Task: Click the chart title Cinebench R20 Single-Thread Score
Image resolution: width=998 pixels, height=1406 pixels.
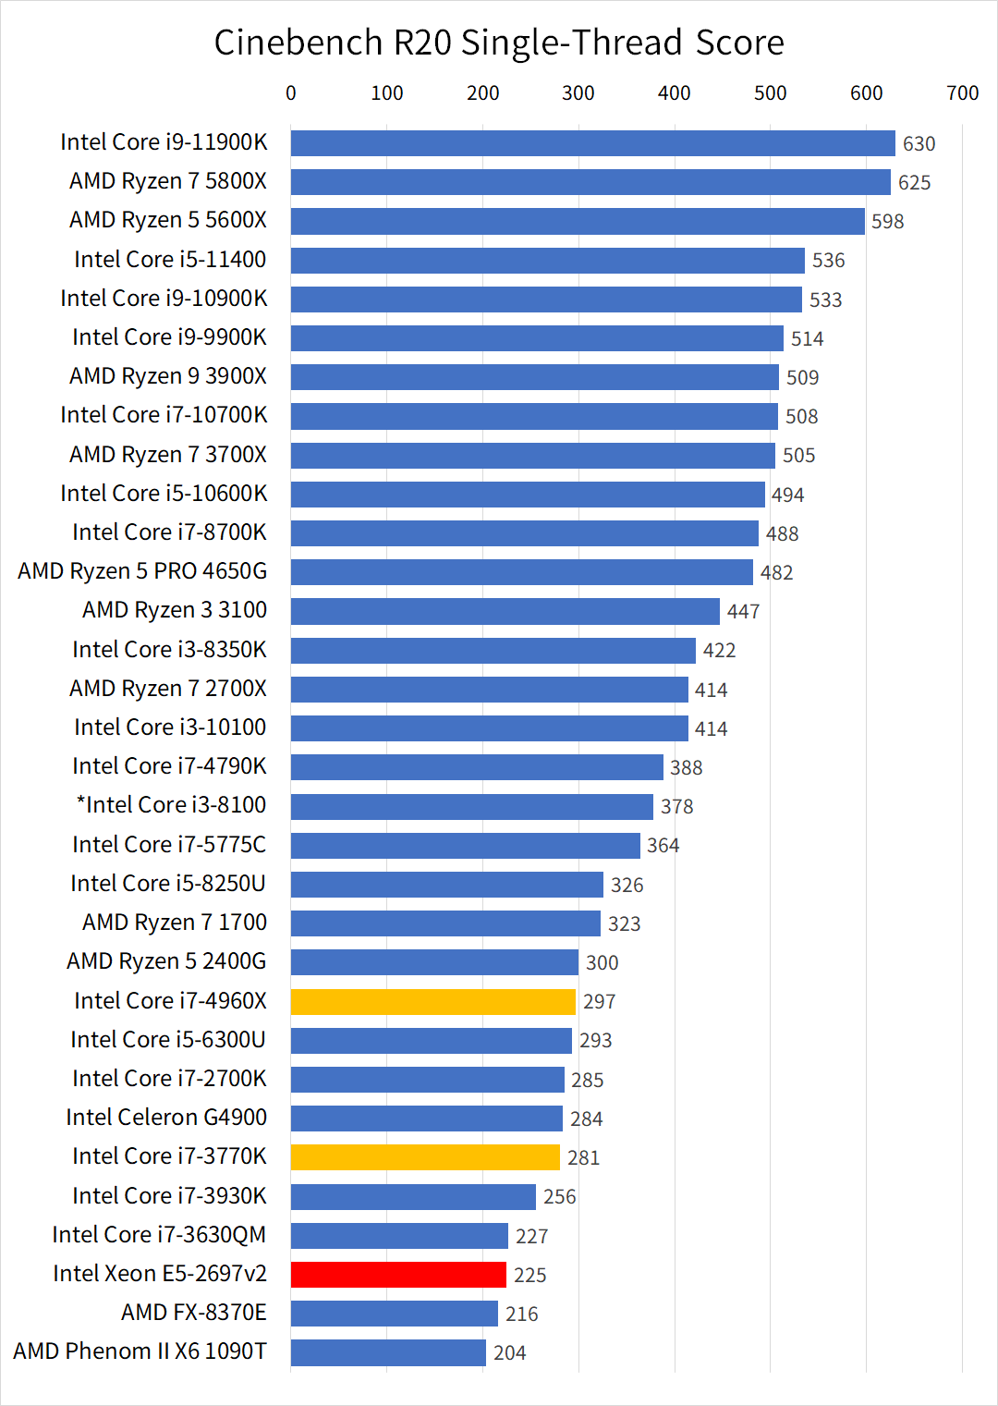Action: [x=499, y=43]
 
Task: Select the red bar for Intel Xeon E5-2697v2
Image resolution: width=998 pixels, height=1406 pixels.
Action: [x=398, y=1275]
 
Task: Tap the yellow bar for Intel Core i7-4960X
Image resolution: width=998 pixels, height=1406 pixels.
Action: [x=433, y=1002]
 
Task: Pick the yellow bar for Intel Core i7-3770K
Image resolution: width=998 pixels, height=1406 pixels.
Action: [x=425, y=1157]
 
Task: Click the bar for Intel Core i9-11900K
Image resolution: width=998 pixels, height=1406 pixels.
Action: [x=592, y=143]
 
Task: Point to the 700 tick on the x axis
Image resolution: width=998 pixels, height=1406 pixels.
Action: [x=962, y=93]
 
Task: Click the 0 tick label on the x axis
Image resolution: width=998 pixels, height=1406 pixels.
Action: [x=291, y=93]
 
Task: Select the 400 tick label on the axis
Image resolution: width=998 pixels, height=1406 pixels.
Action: [x=675, y=93]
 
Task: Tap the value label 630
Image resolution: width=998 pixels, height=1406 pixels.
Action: [x=919, y=144]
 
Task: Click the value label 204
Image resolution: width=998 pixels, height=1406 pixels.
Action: [x=509, y=1353]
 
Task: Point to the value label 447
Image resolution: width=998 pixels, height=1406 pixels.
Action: [x=743, y=612]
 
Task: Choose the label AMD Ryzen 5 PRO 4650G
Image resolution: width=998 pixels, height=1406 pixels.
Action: [x=142, y=571]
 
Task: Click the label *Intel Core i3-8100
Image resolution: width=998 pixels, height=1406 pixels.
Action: [x=171, y=805]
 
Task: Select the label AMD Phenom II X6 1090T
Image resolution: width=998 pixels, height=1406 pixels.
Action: [x=140, y=1351]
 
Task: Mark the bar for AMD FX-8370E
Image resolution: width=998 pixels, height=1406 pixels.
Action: [x=395, y=1314]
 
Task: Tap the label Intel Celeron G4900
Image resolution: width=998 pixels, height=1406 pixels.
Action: [x=166, y=1118]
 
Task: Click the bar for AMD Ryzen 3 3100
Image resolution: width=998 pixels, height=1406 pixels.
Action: [x=505, y=611]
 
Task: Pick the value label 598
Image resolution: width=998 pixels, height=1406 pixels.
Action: [x=887, y=222]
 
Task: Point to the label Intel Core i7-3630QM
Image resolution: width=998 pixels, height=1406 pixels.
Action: [x=159, y=1235]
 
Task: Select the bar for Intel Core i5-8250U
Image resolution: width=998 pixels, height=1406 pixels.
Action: [x=446, y=885]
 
